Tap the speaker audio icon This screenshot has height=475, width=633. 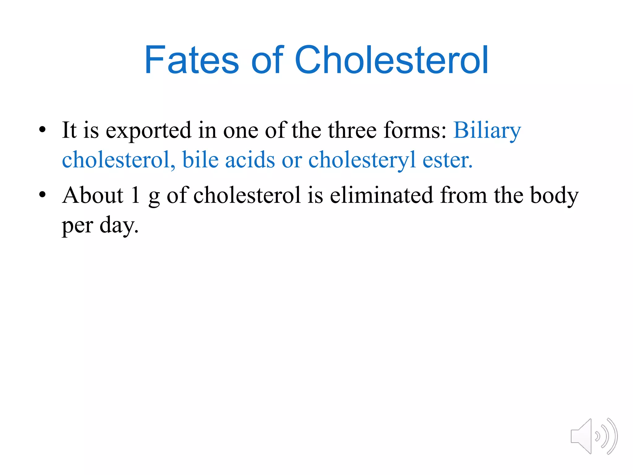594,436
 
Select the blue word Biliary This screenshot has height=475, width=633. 487,131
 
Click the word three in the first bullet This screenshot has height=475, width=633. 352,130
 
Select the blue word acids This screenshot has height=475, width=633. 250,160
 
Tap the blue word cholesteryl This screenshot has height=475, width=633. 362,160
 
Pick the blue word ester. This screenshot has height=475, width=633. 447,160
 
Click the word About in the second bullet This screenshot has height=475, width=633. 93,195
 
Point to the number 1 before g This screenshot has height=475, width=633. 135,195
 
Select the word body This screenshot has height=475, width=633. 554,196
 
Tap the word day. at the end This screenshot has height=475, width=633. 119,225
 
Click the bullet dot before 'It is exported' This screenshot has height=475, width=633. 42,130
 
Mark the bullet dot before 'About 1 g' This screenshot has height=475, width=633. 42,195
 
